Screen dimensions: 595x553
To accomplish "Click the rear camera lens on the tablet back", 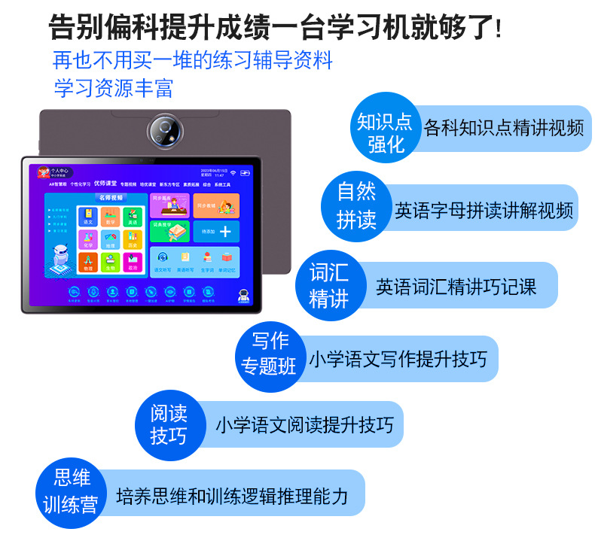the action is pyautogui.click(x=164, y=131).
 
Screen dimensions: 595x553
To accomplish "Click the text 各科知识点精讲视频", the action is pyautogui.click(x=503, y=127).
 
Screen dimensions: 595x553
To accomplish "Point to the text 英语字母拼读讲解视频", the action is pyautogui.click(x=484, y=210).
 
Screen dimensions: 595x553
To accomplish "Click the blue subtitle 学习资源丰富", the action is pyautogui.click(x=114, y=88).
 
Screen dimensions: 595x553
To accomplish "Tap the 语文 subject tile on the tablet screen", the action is pyautogui.click(x=89, y=218).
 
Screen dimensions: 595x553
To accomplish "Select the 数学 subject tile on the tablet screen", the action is pyautogui.click(x=110, y=218).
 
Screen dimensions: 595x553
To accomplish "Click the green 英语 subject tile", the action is pyautogui.click(x=132, y=218).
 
